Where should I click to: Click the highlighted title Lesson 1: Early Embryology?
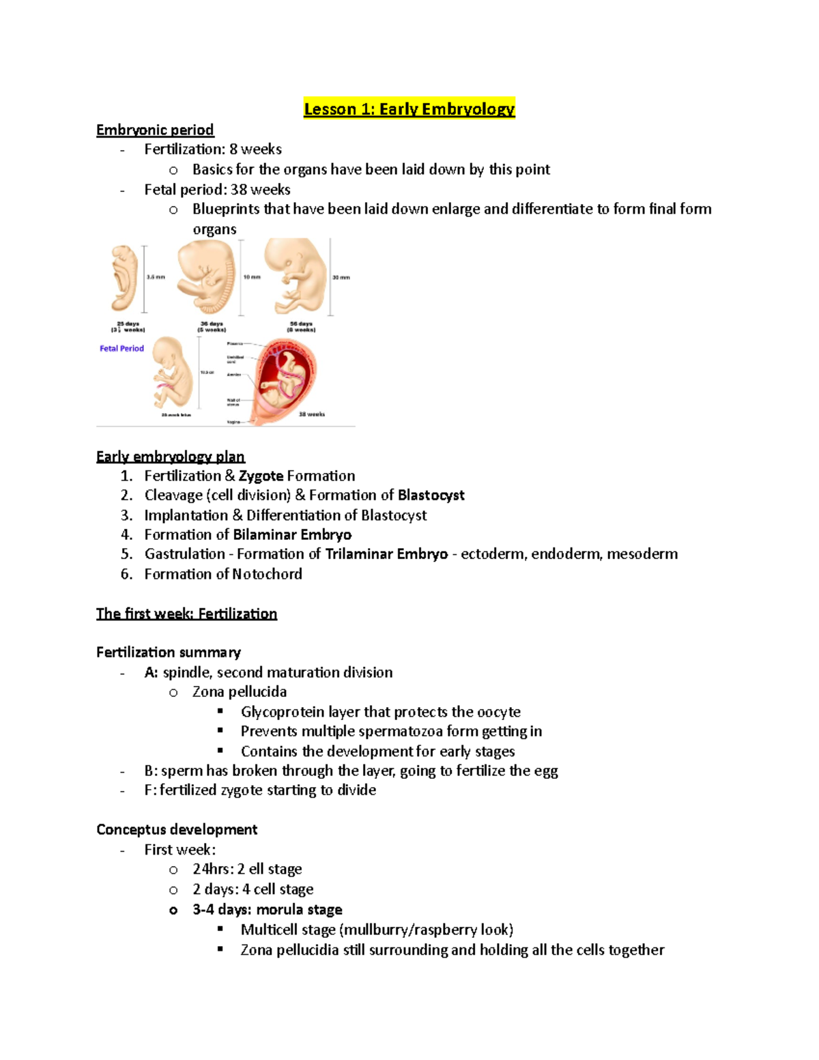[409, 109]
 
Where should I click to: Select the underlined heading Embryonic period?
[155, 130]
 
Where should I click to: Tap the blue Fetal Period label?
[121, 348]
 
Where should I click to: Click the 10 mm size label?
[252, 277]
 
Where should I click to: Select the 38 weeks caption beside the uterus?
[311, 414]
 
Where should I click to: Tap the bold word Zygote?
[261, 476]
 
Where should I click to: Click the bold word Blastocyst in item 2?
[431, 495]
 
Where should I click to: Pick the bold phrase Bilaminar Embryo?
[292, 534]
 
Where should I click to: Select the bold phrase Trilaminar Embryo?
[386, 554]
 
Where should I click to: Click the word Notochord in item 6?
[262, 574]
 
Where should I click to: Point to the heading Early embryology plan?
[171, 457]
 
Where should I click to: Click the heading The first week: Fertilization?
[186, 614]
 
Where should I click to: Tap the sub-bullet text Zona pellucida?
[239, 691]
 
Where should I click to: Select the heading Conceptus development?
[177, 829]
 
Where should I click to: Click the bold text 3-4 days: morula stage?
[267, 909]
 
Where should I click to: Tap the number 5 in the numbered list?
[126, 554]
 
